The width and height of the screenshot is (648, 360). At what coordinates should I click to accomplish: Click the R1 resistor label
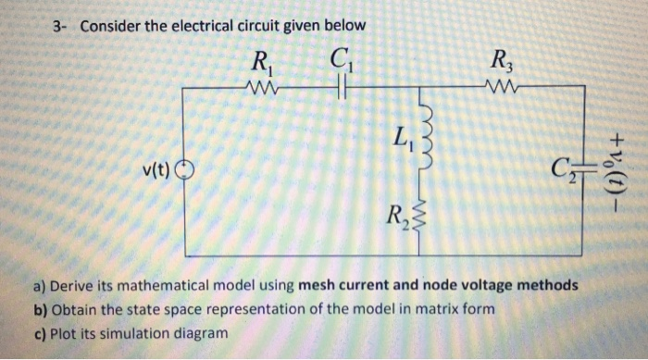coord(262,66)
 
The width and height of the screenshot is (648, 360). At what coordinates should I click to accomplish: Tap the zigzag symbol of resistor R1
coord(262,88)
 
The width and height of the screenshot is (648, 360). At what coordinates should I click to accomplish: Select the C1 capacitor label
coord(338,66)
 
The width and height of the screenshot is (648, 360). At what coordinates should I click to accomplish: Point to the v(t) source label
coord(156,170)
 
